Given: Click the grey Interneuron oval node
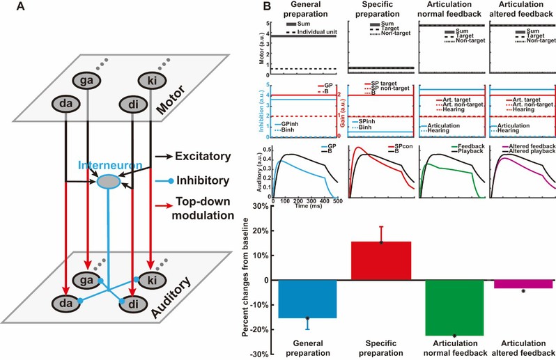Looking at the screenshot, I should tap(107, 180).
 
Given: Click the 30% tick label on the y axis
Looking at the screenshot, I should tap(262, 206).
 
